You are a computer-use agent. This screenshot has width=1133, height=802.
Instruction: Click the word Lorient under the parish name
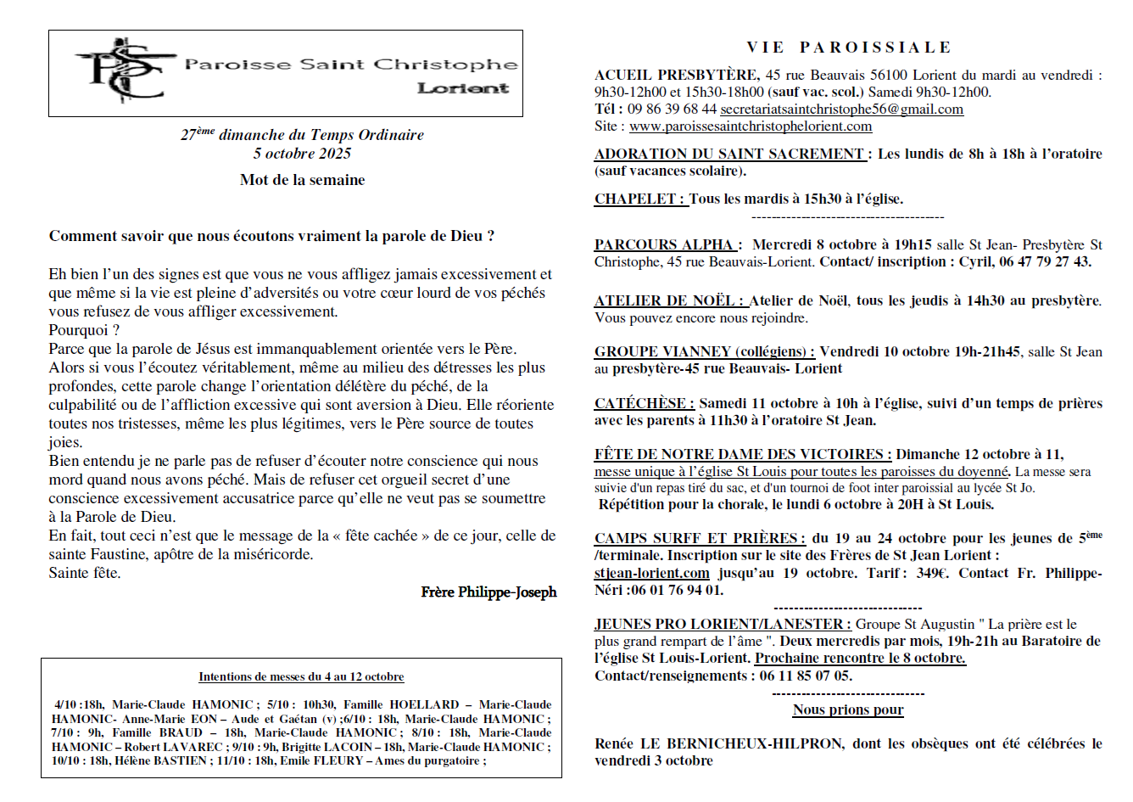[463, 88]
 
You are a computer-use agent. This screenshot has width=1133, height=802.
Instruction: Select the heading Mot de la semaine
[302, 180]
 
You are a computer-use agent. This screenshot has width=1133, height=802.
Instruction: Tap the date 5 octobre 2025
[302, 154]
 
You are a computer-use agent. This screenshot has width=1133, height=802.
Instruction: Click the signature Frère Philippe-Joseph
[488, 592]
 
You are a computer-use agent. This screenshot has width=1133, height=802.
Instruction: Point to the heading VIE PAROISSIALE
[849, 48]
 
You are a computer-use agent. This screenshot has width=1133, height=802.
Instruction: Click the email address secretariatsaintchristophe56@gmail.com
[841, 109]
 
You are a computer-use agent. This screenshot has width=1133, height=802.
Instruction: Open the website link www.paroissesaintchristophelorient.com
[751, 126]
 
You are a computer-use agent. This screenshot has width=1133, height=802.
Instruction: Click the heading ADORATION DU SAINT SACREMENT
[729, 154]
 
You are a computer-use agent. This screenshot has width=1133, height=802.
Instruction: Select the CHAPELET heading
[639, 199]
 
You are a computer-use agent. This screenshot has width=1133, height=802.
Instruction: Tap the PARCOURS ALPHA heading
[667, 245]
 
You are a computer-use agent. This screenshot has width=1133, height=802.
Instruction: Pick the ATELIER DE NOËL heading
[670, 301]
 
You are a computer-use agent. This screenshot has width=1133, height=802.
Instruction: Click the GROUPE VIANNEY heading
[704, 352]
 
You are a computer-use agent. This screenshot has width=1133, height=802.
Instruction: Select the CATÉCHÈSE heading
[644, 403]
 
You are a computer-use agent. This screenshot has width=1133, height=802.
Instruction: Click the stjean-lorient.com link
[651, 573]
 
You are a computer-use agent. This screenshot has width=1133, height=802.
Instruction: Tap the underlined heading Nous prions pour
[848, 709]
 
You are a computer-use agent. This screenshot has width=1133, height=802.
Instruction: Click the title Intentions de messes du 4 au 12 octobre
[301, 676]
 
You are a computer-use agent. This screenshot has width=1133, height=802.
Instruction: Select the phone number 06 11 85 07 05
[806, 676]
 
